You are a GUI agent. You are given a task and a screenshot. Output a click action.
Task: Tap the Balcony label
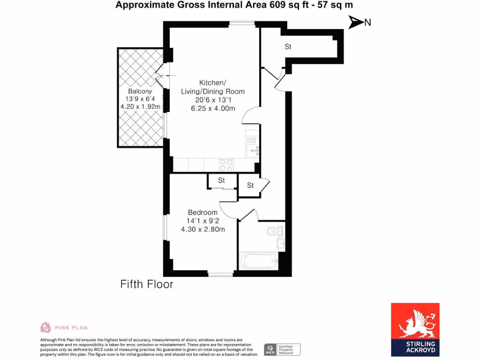click(140, 91)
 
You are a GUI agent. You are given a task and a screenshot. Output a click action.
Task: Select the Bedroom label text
click(202, 212)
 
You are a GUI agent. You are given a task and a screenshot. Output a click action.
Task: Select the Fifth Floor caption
click(147, 284)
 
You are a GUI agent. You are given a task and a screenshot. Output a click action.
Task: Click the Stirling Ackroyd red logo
click(415, 330)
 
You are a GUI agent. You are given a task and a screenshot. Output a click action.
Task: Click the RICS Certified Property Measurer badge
click(282, 349)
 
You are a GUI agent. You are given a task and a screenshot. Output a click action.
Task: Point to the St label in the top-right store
click(288, 47)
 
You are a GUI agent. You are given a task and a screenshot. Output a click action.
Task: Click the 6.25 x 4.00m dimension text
click(213, 108)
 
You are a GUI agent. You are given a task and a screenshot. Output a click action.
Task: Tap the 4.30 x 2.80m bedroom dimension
click(203, 229)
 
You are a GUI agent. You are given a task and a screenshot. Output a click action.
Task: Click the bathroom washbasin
click(280, 243)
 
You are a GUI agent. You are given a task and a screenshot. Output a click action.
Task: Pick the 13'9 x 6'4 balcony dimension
click(140, 99)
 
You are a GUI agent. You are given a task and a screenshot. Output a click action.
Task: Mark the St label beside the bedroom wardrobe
click(221, 180)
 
